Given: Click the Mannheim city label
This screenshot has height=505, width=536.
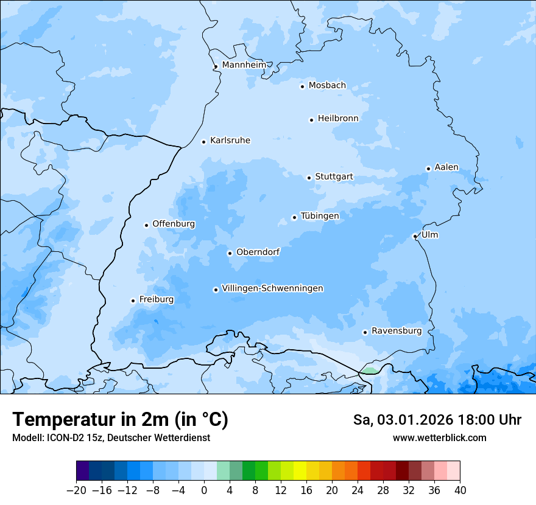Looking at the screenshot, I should tap(244, 64).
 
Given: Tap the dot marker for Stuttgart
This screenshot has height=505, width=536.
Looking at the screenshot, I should tap(309, 178).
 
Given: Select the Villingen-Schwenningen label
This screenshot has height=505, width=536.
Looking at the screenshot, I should tap(272, 288).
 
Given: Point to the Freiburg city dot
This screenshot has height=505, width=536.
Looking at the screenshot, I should tap(133, 301).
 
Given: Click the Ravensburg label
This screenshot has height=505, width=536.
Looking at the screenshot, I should tap(396, 331).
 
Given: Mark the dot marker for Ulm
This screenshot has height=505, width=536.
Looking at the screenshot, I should tap(415, 236).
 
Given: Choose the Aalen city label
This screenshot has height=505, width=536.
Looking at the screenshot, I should tap(446, 167).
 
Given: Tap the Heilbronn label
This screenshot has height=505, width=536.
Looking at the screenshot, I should tap(338, 119).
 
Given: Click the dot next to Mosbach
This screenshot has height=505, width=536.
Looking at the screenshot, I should tap(302, 86).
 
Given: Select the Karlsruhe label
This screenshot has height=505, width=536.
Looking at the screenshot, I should tap(230, 141).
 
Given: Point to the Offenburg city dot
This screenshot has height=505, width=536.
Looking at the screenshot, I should tap(146, 225).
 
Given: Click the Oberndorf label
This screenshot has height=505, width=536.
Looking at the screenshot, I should tap(258, 252).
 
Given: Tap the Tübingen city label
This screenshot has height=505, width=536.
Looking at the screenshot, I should tap(320, 216).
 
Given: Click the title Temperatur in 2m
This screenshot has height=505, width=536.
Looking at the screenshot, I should tap(120, 419).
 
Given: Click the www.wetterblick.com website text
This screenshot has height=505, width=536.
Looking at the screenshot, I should tap(439, 437).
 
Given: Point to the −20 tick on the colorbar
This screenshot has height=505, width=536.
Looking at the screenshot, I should tap(77, 489).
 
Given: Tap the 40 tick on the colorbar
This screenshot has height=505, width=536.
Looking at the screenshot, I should tap(460, 489).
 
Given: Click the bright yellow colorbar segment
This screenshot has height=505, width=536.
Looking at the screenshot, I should tap(300, 472).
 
